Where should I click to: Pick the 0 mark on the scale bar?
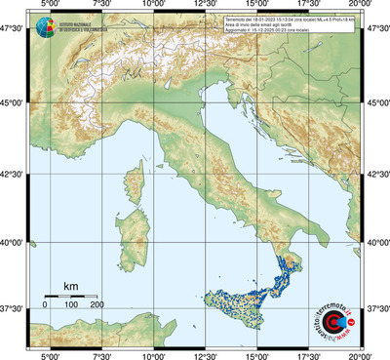(x=45, y=305)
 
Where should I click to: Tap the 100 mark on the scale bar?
(x=71, y=305)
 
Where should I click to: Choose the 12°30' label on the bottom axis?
(x=205, y=355)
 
